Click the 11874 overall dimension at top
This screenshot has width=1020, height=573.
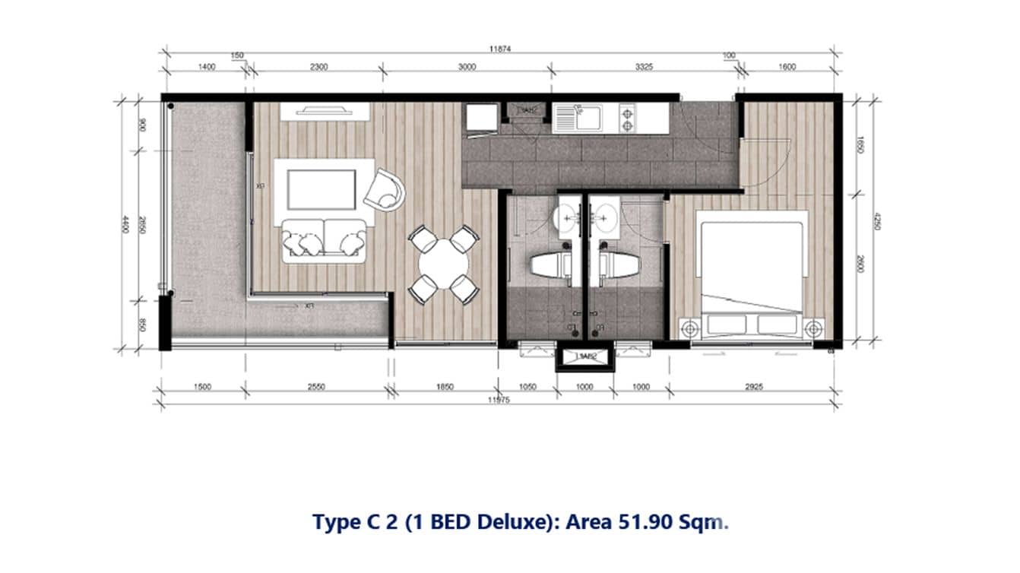499,48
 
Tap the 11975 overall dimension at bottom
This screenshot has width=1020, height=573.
499,400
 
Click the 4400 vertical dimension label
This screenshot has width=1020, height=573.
125,224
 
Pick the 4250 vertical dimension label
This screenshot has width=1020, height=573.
874,226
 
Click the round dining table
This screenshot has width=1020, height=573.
444,264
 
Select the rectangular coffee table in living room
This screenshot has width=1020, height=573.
321,189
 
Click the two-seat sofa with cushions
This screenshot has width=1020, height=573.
323,240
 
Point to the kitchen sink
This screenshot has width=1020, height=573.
575,117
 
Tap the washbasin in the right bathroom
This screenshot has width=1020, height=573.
604,217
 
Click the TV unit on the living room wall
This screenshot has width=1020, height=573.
325,110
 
